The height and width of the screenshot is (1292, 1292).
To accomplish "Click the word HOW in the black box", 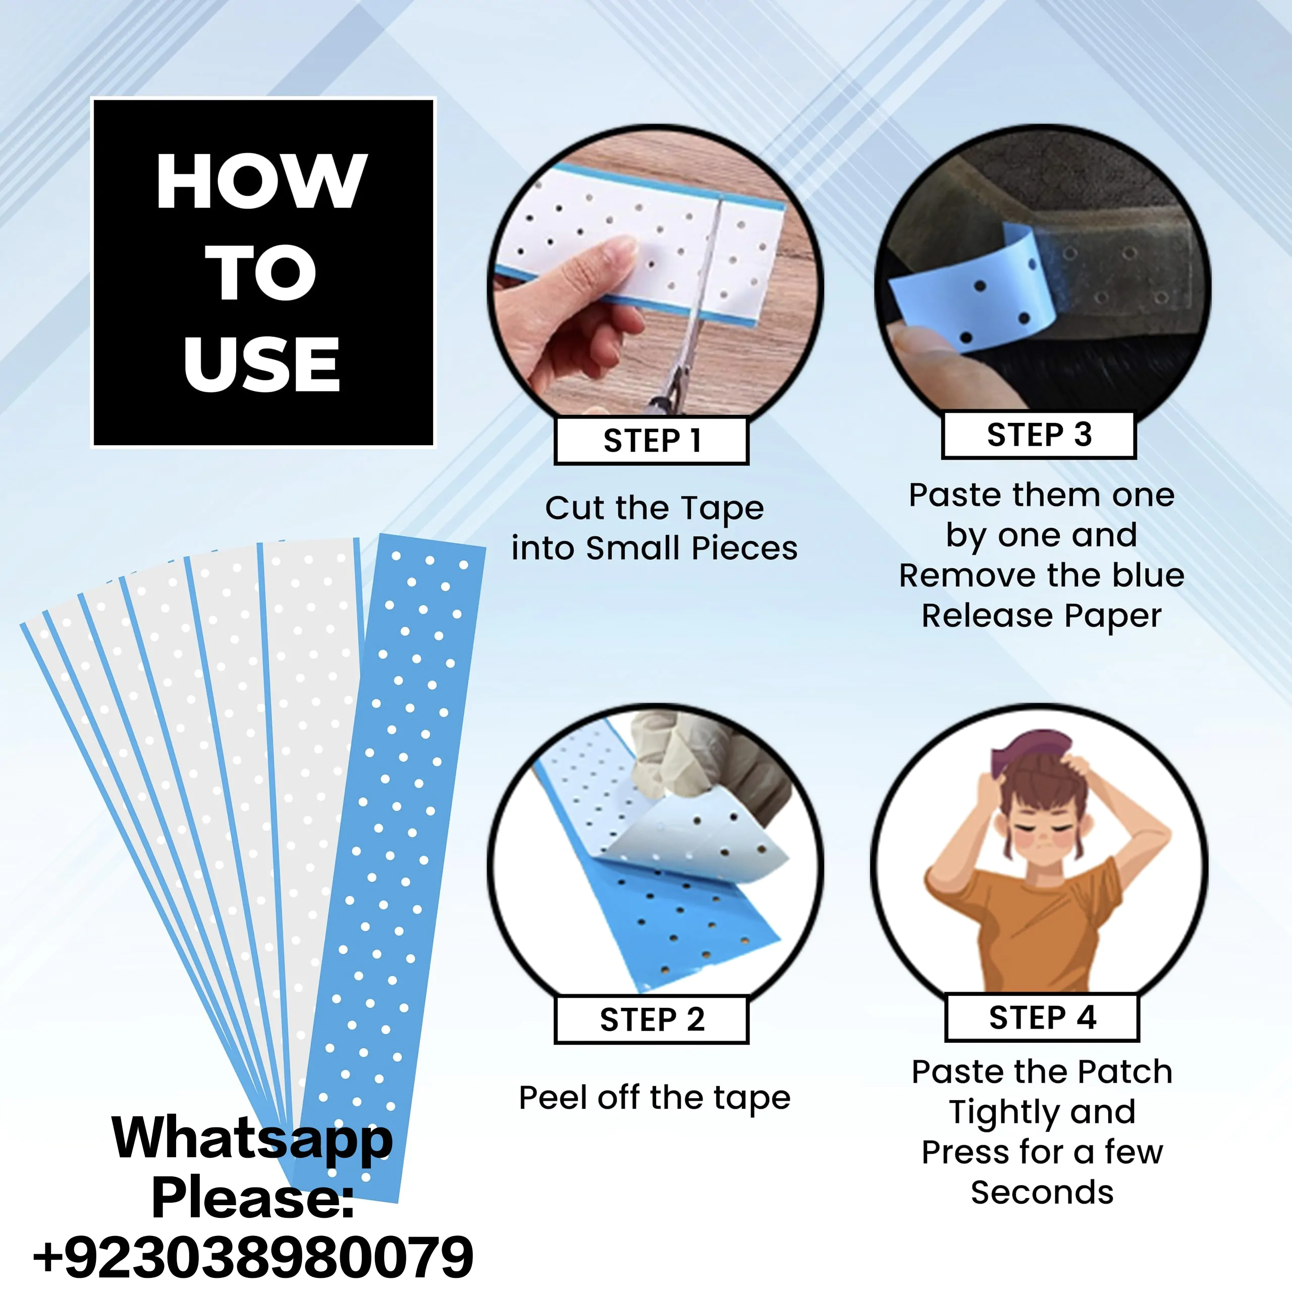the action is (261, 181).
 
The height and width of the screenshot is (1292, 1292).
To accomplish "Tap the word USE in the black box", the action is (261, 364).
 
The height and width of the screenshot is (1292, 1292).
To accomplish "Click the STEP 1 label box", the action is (652, 441).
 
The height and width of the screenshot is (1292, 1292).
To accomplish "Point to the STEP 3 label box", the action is (1039, 435).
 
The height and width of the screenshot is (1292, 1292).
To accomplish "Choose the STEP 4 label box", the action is (1042, 1017).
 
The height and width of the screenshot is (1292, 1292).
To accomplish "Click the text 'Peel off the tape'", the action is (655, 1099).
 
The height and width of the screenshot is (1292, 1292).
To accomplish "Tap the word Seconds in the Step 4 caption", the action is (1042, 1193).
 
